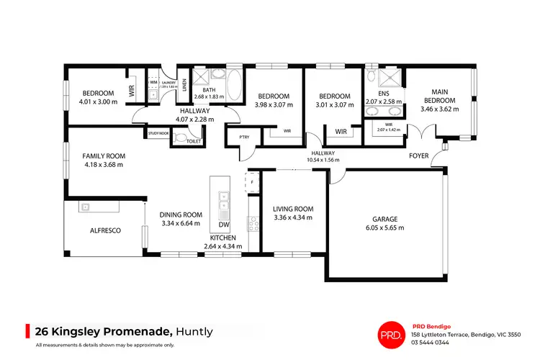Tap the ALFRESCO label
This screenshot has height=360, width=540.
coord(104,230)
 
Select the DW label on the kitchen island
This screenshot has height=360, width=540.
coord(223,225)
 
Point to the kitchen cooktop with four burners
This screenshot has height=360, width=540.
coord(253,225)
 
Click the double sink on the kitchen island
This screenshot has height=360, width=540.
coord(223,202)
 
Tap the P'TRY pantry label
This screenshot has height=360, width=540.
coord(234,138)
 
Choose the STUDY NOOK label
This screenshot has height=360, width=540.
coord(158,133)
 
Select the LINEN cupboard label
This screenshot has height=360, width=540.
coord(184,88)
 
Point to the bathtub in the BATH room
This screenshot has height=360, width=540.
coord(235,81)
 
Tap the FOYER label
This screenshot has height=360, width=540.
coord(419,155)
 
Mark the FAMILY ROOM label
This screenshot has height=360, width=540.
coord(104,156)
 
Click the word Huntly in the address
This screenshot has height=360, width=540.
coord(194,331)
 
